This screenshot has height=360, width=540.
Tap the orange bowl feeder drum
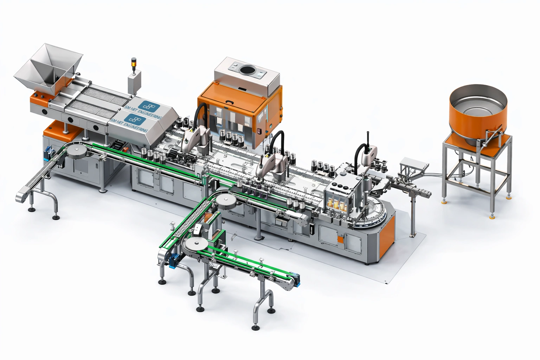(x=478, y=116)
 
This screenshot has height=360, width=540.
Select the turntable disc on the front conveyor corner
(x=197, y=245)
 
